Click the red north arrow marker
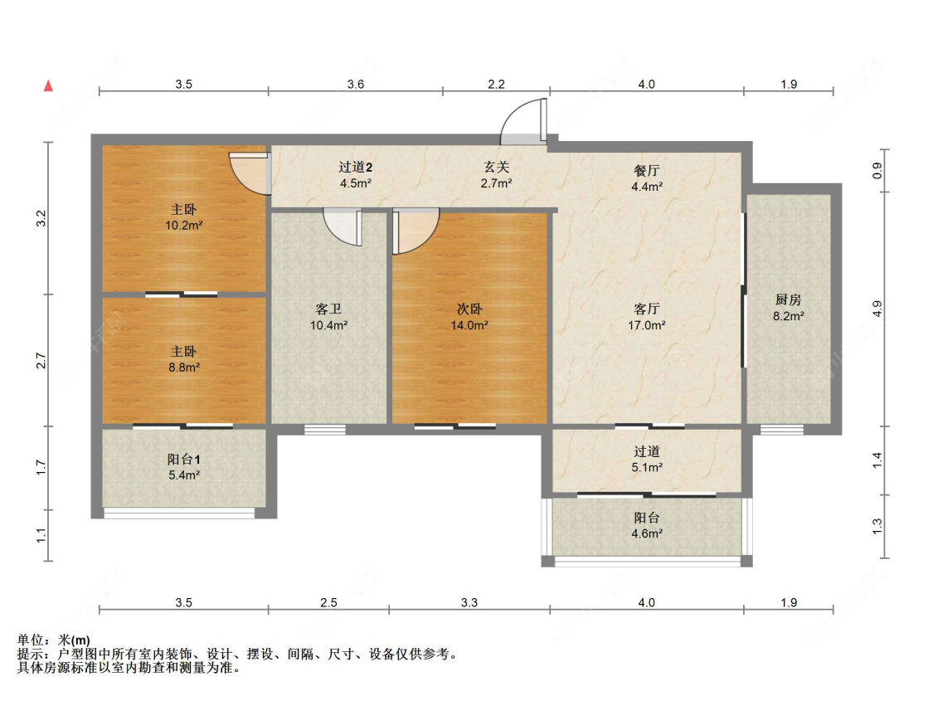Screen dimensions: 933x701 tap(48, 85)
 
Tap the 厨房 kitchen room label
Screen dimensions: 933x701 tap(789, 300)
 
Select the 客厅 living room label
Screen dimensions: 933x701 tap(646, 309)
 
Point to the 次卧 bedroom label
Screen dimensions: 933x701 tap(469, 309)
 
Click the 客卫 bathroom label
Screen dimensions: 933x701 tap(328, 309)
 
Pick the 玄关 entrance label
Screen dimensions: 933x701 tap(496, 168)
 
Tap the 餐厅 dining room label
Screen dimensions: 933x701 tap(646, 171)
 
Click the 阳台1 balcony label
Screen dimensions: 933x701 tap(184, 460)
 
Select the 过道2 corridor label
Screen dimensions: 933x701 tap(355, 168)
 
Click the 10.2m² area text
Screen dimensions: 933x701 tap(184, 226)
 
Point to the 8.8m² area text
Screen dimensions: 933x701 tap(184, 368)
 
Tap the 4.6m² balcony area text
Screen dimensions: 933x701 tap(646, 533)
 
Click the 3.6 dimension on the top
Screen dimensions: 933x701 tap(356, 84)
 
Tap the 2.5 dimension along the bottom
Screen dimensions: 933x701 tap(328, 602)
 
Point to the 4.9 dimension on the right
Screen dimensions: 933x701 tap(877, 309)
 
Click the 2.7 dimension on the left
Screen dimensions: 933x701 tap(41, 361)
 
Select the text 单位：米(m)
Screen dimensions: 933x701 tap(54, 640)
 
